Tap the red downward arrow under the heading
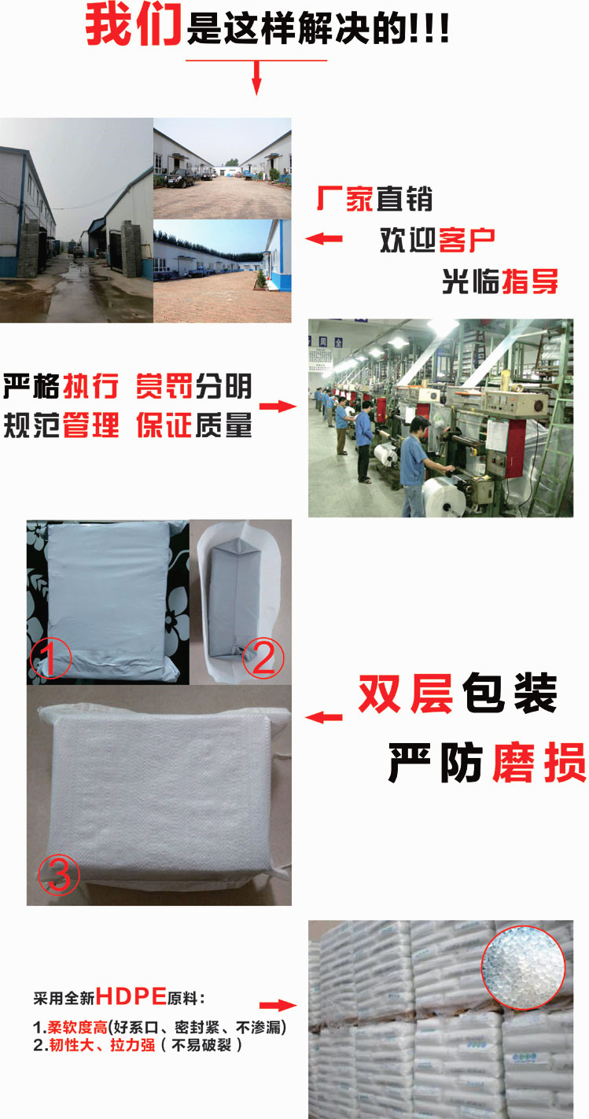(x=256, y=77)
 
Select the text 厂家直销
(x=374, y=198)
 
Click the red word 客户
(x=466, y=240)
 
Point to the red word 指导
(x=529, y=282)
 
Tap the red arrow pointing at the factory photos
(x=324, y=239)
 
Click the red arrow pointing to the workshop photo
(x=278, y=406)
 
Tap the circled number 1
(x=50, y=658)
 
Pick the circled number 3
(x=59, y=874)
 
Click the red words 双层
(x=406, y=694)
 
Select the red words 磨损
(x=539, y=762)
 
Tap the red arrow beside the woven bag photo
(x=324, y=717)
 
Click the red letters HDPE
(x=131, y=996)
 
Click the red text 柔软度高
(x=77, y=1027)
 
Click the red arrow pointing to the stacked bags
(x=278, y=1005)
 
